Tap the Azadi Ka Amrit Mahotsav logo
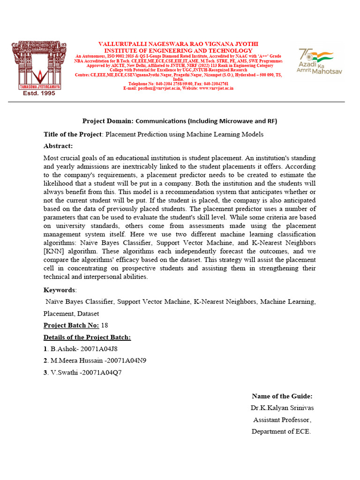click(x=316, y=61)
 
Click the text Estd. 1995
click(x=39, y=93)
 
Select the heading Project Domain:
click(x=108, y=121)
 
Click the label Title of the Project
click(x=73, y=135)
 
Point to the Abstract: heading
click(x=58, y=146)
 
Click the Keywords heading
click(x=60, y=290)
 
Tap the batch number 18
click(x=105, y=325)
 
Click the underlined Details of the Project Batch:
click(x=87, y=337)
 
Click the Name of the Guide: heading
click(x=282, y=396)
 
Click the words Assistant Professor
click(x=282, y=420)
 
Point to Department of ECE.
click(x=281, y=431)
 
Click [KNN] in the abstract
click(x=53, y=251)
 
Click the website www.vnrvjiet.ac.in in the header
click(x=215, y=88)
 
